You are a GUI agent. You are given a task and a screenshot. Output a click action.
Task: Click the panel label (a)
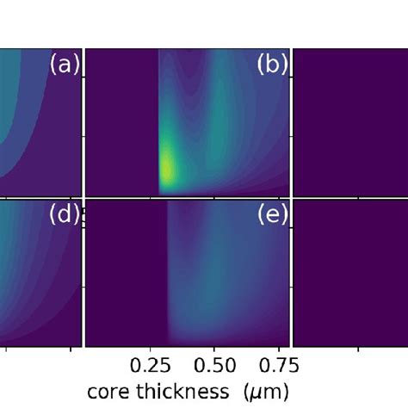pyautogui.click(x=65, y=65)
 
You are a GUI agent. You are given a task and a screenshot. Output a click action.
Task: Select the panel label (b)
pyautogui.click(x=273, y=65)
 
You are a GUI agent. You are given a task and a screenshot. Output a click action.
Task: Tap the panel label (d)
pyautogui.click(x=65, y=215)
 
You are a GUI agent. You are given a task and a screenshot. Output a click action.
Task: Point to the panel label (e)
pyautogui.click(x=273, y=215)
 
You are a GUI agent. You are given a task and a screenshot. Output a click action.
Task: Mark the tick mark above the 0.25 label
pyautogui.click(x=159, y=349)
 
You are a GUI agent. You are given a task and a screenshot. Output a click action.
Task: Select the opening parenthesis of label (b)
pyautogui.click(x=261, y=65)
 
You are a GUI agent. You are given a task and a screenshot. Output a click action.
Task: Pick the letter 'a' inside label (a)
pyautogui.click(x=65, y=65)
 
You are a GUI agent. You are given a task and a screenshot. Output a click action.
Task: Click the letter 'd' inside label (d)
pyautogui.click(x=65, y=215)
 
